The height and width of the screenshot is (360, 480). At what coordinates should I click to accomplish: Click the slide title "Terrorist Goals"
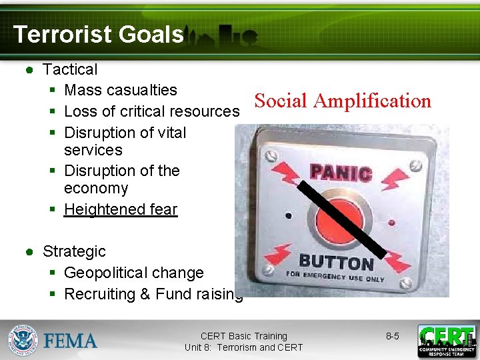pos(98,34)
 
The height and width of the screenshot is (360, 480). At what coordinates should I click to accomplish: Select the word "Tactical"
pos(70,69)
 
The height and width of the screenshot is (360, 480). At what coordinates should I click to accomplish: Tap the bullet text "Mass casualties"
pos(121,90)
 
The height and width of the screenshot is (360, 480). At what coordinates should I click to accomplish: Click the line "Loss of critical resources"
pos(151,111)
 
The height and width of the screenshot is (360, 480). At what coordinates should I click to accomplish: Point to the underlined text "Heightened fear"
pos(121,209)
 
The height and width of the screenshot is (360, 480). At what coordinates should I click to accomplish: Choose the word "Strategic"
pos(74,251)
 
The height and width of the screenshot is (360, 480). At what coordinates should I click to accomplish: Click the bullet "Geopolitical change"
pos(133,273)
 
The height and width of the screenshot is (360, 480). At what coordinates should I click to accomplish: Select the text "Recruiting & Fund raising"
pos(153,294)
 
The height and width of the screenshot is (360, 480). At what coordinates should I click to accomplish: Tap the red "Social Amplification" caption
pos(343,101)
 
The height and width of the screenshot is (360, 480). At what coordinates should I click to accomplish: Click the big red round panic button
pos(341,218)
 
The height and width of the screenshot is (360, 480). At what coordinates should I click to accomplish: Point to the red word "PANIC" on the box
pos(341,173)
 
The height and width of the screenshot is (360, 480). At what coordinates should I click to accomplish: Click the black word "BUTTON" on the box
pos(336,262)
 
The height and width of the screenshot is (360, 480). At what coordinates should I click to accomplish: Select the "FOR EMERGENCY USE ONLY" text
pos(335,275)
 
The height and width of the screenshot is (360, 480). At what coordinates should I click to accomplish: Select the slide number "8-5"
pos(393,336)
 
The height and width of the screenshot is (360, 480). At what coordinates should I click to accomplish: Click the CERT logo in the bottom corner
pos(446,341)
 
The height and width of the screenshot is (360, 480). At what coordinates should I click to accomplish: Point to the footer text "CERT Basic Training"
pos(243,336)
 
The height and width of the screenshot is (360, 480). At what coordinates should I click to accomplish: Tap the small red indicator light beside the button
pos(391,222)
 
